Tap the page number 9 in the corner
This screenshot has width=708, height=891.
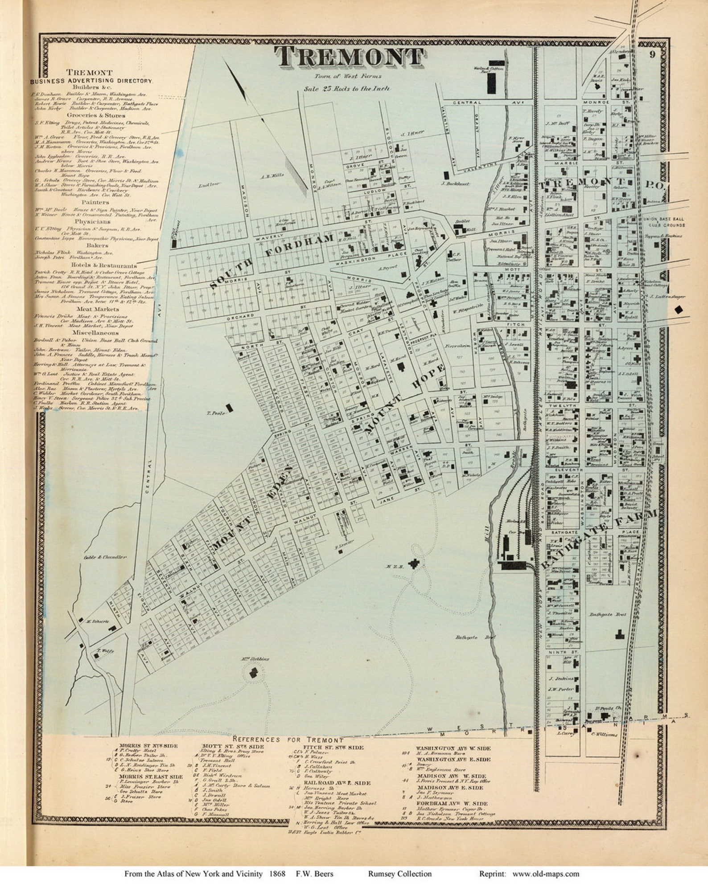pos(652,55)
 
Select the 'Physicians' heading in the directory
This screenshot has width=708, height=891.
pos(92,221)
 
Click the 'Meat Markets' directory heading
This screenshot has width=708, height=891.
pos(97,309)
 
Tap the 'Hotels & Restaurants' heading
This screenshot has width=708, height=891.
pos(104,265)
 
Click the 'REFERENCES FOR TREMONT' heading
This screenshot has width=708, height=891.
pos(288,739)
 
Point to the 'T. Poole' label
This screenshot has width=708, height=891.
pos(214,413)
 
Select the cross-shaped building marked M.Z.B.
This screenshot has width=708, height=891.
pos(416,564)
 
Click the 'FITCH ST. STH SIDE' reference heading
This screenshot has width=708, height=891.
pos(333,747)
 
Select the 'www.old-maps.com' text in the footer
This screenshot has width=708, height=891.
pos(546,874)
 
